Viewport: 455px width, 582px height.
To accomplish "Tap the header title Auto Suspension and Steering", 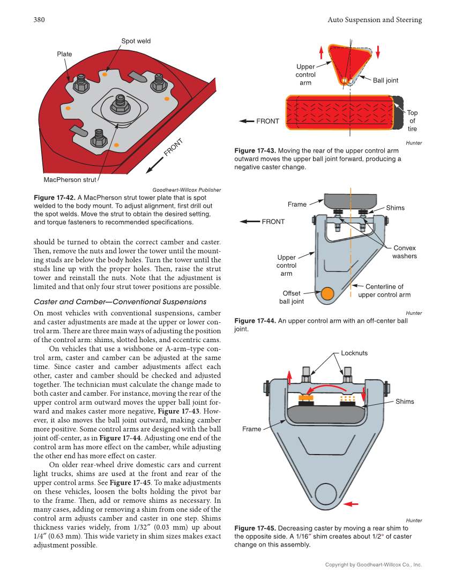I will (x=374, y=20).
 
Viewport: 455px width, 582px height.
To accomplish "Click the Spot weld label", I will (x=136, y=41).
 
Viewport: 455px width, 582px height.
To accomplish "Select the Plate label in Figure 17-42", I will (x=64, y=54).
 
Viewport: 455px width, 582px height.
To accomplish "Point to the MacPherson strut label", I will (x=70, y=180).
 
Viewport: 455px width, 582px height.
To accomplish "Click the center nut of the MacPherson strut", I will (x=119, y=103).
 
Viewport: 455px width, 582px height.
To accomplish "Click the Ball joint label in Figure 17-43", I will (x=385, y=80).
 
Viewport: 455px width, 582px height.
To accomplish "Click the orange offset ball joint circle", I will (x=326, y=293).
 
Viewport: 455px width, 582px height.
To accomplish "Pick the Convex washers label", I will (x=404, y=252).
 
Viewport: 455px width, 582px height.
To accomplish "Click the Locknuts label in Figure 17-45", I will (x=354, y=353).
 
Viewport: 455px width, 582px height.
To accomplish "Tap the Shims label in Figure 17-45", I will (x=405, y=402).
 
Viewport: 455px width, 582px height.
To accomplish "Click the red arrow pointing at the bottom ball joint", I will (x=351, y=504).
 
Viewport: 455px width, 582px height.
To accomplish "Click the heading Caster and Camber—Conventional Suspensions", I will (x=120, y=302).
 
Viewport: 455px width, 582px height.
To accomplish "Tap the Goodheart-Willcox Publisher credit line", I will (x=187, y=190).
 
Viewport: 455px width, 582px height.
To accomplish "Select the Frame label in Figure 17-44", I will (x=297, y=205).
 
